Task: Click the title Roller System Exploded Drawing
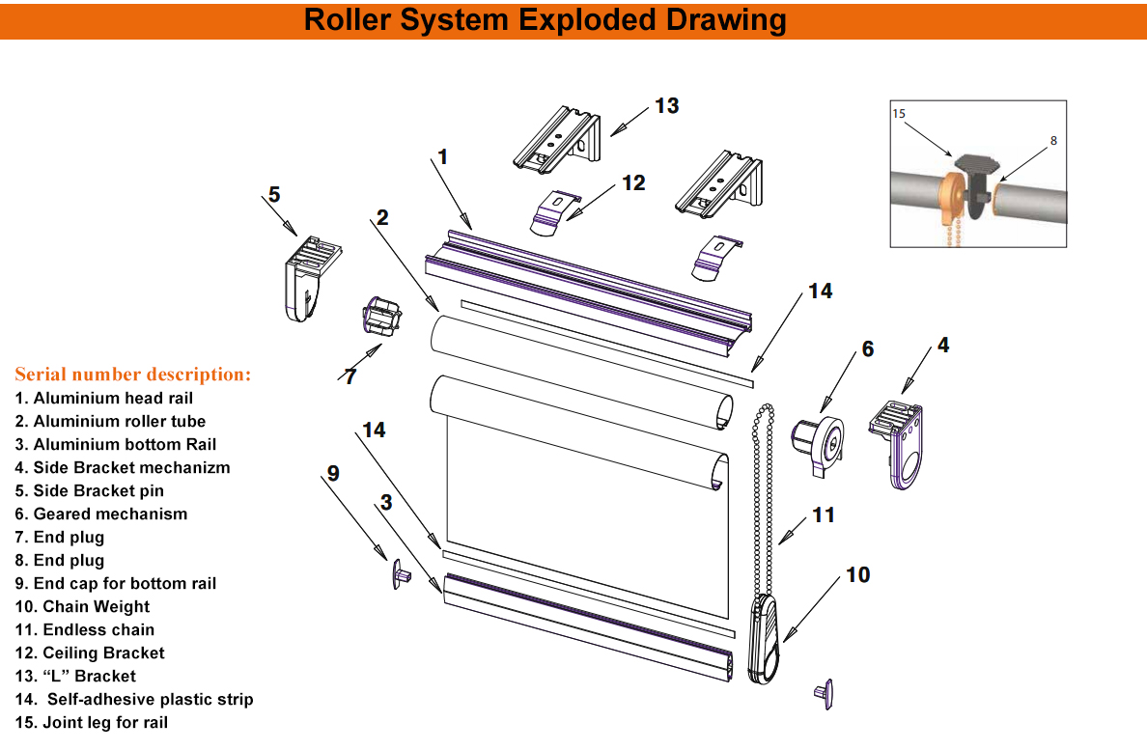pyautogui.click(x=545, y=20)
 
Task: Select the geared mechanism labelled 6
pyautogui.click(x=819, y=445)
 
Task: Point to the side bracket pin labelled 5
pyautogui.click(x=309, y=275)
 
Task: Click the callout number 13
pyautogui.click(x=667, y=105)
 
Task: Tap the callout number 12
pyautogui.click(x=633, y=181)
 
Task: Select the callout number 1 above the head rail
pyautogui.click(x=443, y=156)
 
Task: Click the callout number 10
pyautogui.click(x=857, y=575)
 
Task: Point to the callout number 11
pyautogui.click(x=823, y=515)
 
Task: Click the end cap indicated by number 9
pyautogui.click(x=401, y=575)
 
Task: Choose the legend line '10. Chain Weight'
pyautogui.click(x=82, y=607)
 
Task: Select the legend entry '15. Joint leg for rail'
pyautogui.click(x=92, y=723)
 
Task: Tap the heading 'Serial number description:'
pyautogui.click(x=132, y=374)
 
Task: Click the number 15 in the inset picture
pyautogui.click(x=899, y=114)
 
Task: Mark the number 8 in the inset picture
pyautogui.click(x=1053, y=140)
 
